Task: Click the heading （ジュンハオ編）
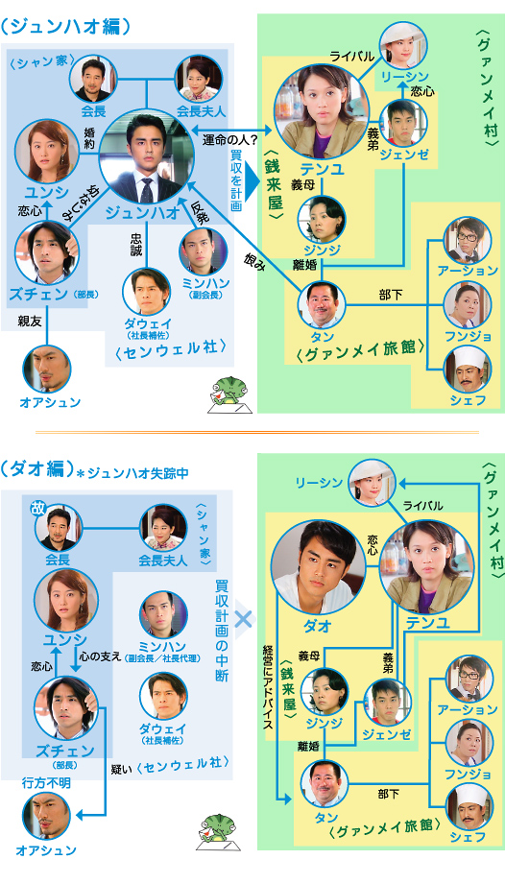pyautogui.click(x=65, y=27)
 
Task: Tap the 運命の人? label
pyautogui.click(x=230, y=139)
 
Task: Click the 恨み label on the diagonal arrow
pyautogui.click(x=251, y=258)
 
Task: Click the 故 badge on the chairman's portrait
pyautogui.click(x=37, y=509)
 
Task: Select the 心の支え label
pyautogui.click(x=100, y=657)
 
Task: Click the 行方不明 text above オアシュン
pyautogui.click(x=45, y=783)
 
